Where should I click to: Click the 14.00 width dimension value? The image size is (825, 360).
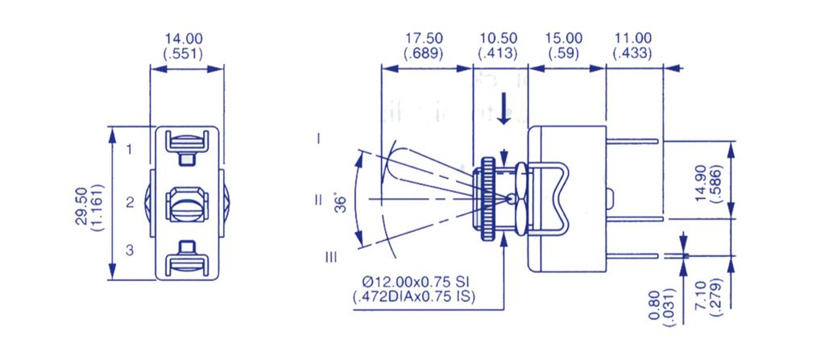click(x=184, y=39)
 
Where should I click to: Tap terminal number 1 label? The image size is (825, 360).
click(x=130, y=150)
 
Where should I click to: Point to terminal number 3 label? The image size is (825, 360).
click(x=130, y=250)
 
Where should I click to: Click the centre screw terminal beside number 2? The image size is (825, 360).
click(x=187, y=204)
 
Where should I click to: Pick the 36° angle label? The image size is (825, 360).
click(x=342, y=204)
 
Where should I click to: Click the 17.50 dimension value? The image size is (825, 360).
click(x=424, y=39)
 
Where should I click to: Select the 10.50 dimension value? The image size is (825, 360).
click(x=498, y=39)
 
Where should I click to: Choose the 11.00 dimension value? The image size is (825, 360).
click(x=632, y=39)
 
